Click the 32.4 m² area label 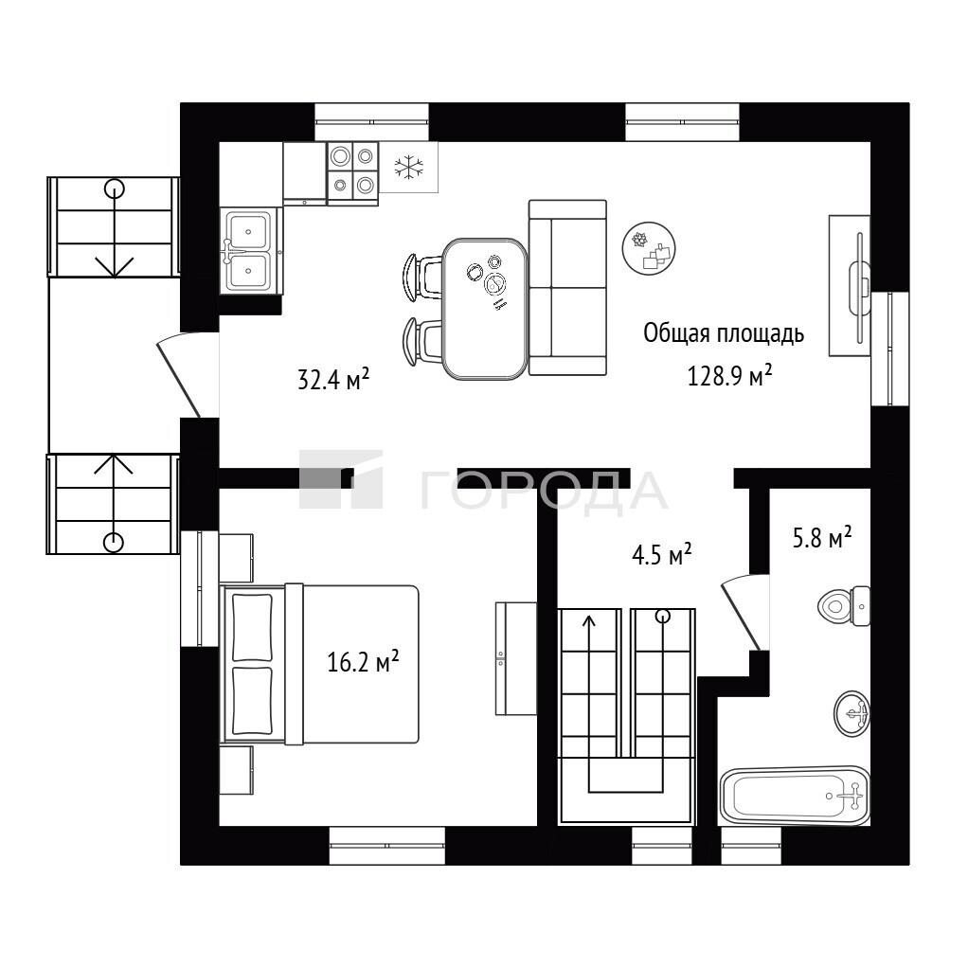333,379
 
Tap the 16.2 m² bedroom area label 363,661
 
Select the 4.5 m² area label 662,554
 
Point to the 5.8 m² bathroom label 822,537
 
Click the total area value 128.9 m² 729,375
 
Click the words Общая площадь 724,333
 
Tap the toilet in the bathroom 844,606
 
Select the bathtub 796,796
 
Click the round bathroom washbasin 852,713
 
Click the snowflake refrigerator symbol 408,167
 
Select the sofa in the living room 567,288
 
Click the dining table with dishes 485,309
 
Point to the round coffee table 649,248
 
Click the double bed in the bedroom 320,664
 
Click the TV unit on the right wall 850,286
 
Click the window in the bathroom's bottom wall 751,846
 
